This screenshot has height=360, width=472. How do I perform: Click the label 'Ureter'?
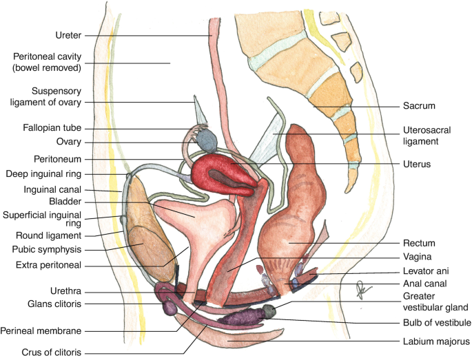68,35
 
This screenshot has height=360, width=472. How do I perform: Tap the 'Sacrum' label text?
419,106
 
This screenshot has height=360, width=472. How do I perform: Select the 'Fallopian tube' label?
52,128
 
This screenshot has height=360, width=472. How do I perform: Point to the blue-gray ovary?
207,140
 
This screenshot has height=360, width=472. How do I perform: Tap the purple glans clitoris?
170,308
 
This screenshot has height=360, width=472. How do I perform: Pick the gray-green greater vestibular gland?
269,311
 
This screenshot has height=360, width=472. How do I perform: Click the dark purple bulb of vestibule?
240,317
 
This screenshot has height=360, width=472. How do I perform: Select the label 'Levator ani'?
426,271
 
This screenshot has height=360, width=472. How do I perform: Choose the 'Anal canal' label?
425,284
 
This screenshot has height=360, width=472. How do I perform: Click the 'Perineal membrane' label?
41,331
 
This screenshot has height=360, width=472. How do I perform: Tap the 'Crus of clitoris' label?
52,352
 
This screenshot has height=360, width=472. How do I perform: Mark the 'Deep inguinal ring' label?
43,174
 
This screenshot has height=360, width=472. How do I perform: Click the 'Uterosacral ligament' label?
427,136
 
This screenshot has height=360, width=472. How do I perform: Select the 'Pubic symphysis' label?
47,249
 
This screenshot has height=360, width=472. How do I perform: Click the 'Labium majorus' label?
436,341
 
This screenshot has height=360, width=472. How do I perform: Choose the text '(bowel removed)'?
47,67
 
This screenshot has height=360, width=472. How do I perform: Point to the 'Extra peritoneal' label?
48,265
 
